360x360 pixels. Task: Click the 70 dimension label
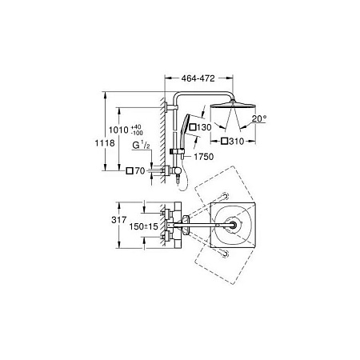click(x=139, y=170)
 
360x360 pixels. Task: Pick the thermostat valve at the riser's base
click(x=175, y=170)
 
